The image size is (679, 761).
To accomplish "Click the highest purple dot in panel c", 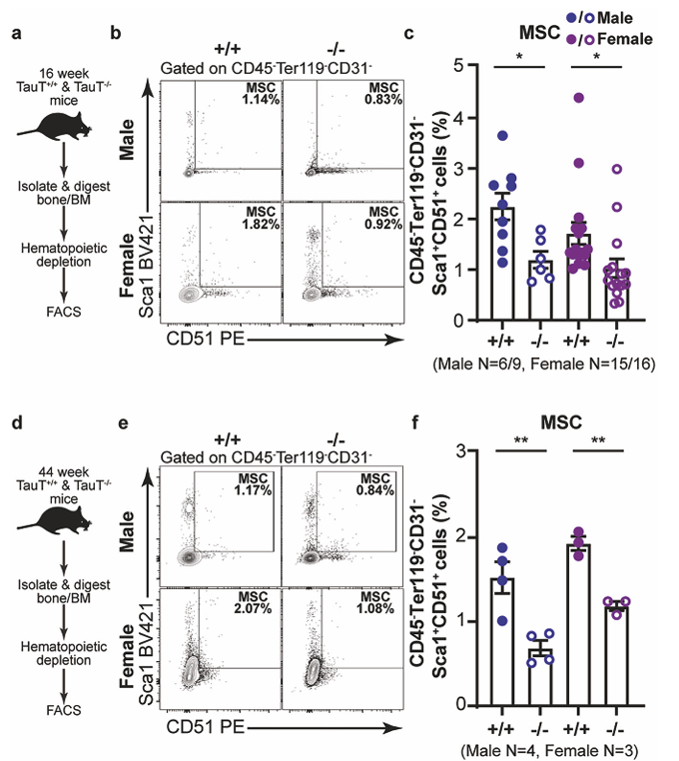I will click(x=578, y=97).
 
